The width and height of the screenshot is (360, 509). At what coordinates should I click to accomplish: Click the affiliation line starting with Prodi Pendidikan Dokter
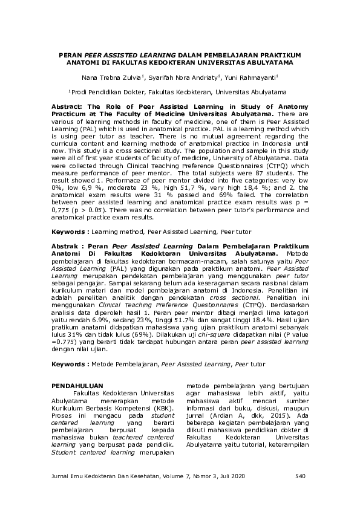point(179,92)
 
